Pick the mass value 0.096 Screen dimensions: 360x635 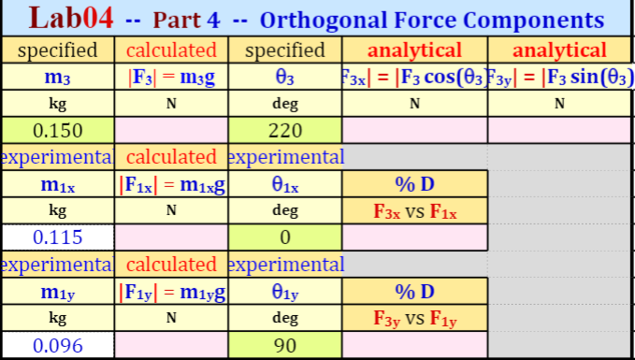tap(57, 345)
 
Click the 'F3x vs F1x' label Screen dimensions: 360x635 tap(414, 211)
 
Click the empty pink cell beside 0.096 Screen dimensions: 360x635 tap(171, 345)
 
